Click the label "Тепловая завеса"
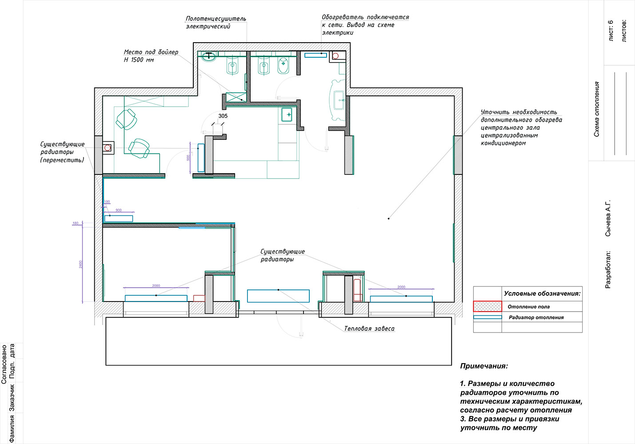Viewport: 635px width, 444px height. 369,329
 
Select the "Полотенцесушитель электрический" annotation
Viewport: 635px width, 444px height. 216,22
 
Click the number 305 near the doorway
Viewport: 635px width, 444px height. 223,116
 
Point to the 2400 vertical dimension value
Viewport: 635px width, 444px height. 80,264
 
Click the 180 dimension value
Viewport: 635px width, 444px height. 76,223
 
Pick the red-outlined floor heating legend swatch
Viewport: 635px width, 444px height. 487,306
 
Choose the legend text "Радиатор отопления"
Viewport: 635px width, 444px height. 536,317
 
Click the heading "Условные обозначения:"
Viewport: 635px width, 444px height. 542,293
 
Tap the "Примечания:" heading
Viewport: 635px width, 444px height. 484,366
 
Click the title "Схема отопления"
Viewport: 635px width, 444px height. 596,109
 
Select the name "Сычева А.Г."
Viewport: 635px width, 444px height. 608,218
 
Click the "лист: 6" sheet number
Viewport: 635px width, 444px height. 611,31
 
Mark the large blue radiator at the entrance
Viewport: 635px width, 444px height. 278,296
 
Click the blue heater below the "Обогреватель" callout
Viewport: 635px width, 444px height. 316,55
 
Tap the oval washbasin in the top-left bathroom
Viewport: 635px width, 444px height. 209,56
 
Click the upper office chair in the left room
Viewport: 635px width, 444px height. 127,119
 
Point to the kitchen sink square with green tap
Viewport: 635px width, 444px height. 287,115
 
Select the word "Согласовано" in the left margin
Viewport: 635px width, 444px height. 4,364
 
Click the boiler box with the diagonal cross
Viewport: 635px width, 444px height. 236,97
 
